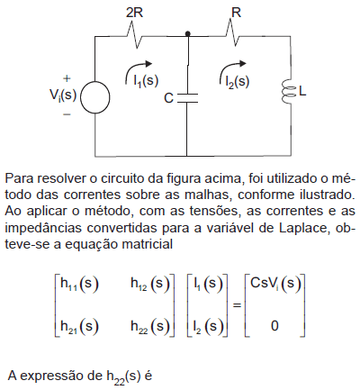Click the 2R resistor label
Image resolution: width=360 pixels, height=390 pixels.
click(134, 13)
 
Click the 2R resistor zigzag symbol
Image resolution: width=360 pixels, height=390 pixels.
click(134, 35)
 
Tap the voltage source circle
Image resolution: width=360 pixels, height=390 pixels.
click(94, 97)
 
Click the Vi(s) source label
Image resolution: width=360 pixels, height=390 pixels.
click(63, 95)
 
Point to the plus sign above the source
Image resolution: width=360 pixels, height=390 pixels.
click(67, 78)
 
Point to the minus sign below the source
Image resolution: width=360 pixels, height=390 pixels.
click(67, 114)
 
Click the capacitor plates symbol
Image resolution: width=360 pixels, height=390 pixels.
click(187, 98)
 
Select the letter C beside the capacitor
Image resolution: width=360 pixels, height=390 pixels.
click(168, 98)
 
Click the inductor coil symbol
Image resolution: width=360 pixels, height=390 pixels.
click(288, 92)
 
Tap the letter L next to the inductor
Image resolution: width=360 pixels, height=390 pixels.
click(302, 91)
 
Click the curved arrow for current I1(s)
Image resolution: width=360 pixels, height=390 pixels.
click(133, 66)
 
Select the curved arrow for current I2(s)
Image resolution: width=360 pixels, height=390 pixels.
click(228, 66)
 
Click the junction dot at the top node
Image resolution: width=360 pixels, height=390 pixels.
click(188, 33)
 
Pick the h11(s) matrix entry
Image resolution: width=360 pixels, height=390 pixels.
click(79, 284)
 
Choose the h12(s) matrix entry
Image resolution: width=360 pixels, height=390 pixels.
click(150, 284)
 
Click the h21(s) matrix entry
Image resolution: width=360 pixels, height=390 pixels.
click(79, 326)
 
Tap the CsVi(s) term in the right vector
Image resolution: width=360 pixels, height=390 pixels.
click(275, 284)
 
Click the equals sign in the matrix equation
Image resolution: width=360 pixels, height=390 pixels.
click(237, 305)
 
